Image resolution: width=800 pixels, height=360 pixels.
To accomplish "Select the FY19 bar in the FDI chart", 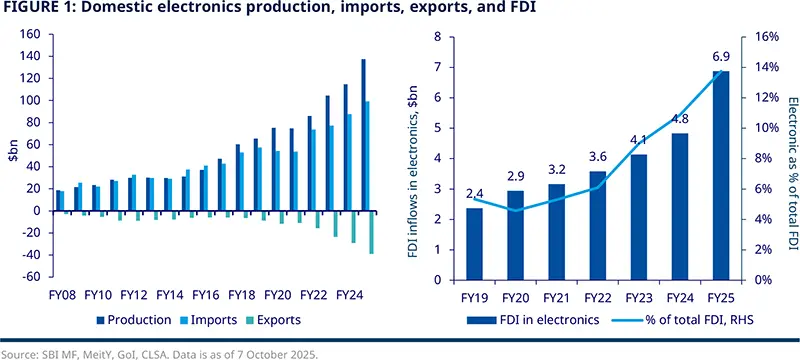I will (474, 243).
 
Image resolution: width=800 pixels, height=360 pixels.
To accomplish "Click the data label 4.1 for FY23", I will (638, 140).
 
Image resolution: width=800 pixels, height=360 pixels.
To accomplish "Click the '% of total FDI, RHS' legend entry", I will (680, 320).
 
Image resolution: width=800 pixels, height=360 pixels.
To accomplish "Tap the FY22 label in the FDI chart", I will (597, 297).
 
